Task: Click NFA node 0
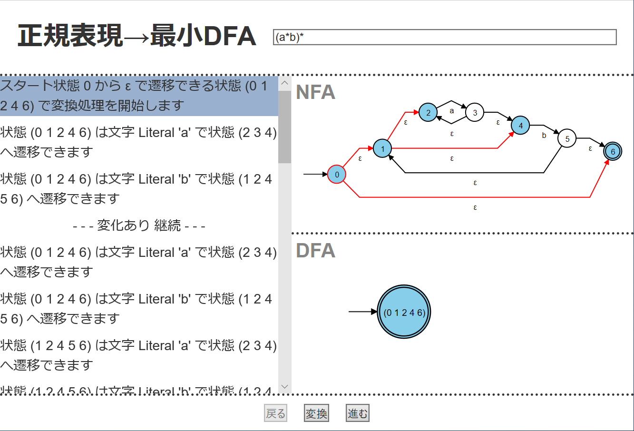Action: [337, 175]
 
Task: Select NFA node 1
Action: [382, 149]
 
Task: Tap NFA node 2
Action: [428, 113]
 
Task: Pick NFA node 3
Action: [475, 113]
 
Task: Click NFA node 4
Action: [520, 126]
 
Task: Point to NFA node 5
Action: [567, 139]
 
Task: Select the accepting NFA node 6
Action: [613, 152]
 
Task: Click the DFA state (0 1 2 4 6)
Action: [404, 312]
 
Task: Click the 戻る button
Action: [276, 413]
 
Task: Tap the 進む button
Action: [357, 413]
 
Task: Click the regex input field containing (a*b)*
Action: [445, 37]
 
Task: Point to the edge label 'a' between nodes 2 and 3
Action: [452, 111]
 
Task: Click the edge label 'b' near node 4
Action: [544, 136]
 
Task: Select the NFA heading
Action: [315, 92]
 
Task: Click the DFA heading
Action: [315, 251]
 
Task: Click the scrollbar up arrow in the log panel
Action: [285, 83]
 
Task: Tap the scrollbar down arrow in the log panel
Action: [285, 387]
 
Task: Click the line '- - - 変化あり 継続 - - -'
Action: [139, 225]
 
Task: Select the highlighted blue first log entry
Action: [139, 96]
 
